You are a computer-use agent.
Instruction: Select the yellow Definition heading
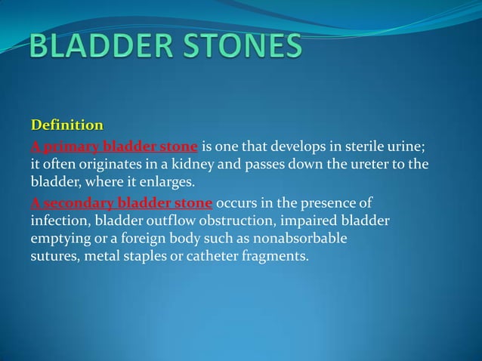(66, 124)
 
